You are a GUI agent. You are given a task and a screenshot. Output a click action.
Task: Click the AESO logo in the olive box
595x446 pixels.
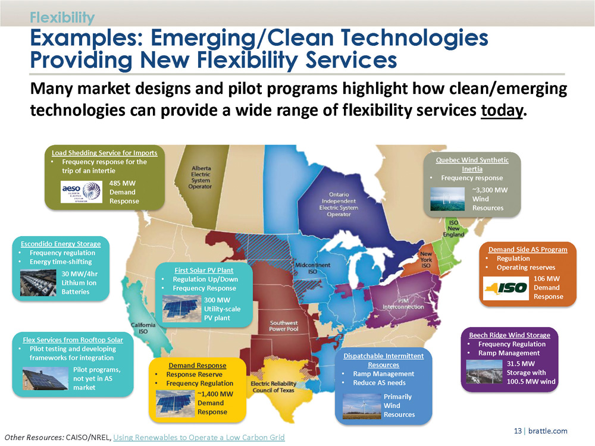point(82,191)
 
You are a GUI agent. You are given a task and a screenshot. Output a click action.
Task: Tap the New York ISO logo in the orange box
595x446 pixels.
point(506,288)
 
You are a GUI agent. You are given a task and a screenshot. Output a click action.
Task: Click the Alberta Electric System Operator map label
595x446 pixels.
point(201,177)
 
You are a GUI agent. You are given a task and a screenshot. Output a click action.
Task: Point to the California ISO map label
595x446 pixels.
point(143,328)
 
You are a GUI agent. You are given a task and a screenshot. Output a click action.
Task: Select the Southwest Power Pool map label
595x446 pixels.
point(284,326)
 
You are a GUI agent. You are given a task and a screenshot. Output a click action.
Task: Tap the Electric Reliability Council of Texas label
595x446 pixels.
point(273,387)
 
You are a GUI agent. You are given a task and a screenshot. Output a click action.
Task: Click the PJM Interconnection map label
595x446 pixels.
point(403,304)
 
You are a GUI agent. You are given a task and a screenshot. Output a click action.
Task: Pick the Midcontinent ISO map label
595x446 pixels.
point(313,268)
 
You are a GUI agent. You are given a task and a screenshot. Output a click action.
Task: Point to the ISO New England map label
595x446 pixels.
point(453,228)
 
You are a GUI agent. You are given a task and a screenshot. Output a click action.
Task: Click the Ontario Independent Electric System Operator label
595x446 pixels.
point(339,205)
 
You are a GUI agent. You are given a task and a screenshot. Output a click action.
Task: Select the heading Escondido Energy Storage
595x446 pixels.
point(61,244)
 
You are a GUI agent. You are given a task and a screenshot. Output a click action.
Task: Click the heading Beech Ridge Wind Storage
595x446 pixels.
point(510,335)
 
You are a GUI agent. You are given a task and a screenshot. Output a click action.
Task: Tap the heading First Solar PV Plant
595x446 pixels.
point(203,270)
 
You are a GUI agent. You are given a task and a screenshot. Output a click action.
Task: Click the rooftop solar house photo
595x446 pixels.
point(45,378)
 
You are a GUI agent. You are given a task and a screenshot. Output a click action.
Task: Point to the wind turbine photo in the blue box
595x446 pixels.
point(362,406)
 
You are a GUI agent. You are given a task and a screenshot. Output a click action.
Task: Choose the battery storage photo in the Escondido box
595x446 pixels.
point(38,282)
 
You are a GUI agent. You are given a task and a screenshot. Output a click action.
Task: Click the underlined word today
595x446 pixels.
point(502,111)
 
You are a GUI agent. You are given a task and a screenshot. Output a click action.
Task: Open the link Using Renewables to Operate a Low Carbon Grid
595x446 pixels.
point(199,437)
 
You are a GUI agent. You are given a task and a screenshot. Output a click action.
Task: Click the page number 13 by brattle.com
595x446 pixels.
point(518,431)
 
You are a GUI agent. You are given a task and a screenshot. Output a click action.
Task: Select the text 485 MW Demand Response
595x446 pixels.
point(124,192)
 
